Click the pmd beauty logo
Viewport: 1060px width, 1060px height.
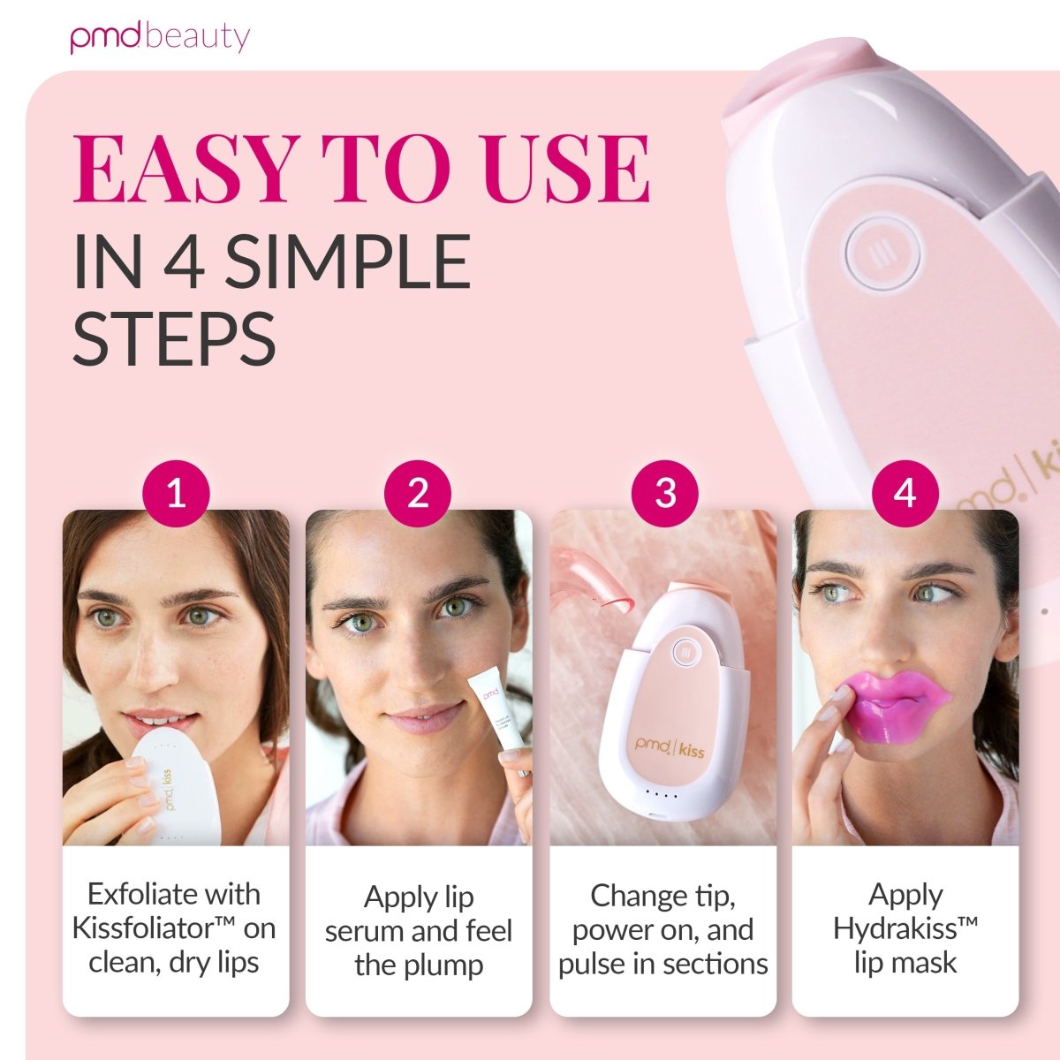[x=160, y=37]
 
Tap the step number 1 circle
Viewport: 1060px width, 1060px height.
[x=176, y=493]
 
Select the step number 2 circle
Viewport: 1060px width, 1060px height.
[x=418, y=493]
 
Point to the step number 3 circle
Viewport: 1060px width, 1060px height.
[x=665, y=493]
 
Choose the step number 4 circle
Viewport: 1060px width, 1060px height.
[x=905, y=493]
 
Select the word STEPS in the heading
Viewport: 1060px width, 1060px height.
[x=174, y=338]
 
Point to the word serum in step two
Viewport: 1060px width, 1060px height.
[x=367, y=931]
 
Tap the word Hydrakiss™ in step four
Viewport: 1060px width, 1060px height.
[x=905, y=928]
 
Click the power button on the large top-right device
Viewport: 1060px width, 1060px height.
[x=882, y=254]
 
